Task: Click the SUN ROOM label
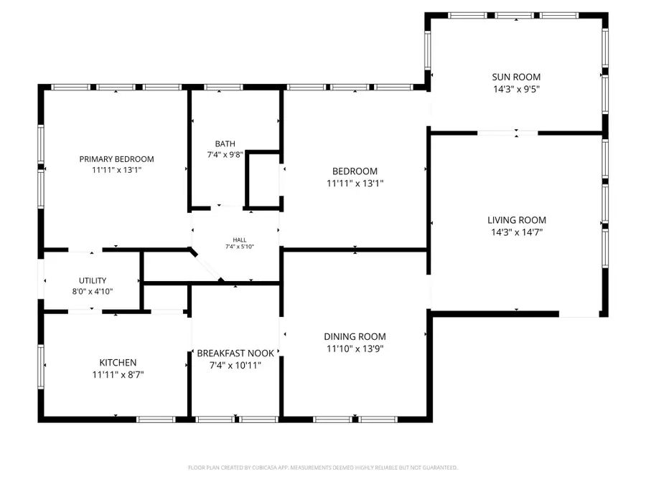pos(516,77)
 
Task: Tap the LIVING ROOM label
pos(517,220)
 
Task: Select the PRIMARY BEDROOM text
pos(116,159)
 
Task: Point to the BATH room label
pos(225,143)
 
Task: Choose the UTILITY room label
pos(93,280)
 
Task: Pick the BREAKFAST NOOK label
pos(235,353)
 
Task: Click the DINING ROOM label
pos(355,336)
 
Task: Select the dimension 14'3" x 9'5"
pos(516,90)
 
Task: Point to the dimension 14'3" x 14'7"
pos(517,232)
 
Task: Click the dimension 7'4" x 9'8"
pos(225,155)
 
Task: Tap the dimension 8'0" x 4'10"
pos(93,291)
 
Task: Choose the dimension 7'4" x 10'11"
pos(235,365)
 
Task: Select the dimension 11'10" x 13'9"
pos(355,348)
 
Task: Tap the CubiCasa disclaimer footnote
pos(322,468)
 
